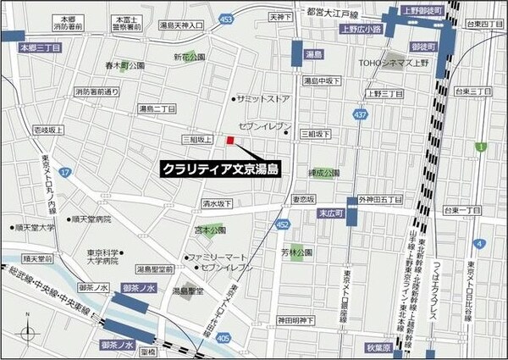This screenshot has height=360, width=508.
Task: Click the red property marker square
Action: click(x=229, y=140)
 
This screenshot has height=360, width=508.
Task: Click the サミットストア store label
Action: click(x=265, y=99)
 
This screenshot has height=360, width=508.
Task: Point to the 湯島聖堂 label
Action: click(x=187, y=290)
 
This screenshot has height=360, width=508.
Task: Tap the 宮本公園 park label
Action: click(x=207, y=230)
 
